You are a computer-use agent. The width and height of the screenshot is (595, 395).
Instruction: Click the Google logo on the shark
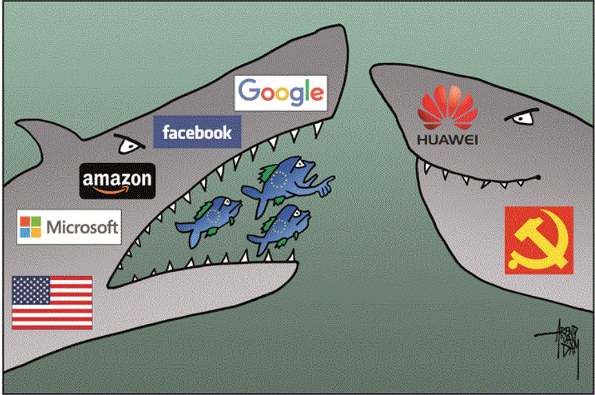tap(280, 93)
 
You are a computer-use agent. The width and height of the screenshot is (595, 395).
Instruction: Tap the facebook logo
tap(197, 131)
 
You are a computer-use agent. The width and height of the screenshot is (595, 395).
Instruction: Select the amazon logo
tap(116, 180)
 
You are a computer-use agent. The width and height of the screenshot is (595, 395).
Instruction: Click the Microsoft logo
tap(69, 226)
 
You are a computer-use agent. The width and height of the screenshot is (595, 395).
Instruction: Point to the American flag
tap(52, 302)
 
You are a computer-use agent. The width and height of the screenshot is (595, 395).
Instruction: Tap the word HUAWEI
tap(447, 142)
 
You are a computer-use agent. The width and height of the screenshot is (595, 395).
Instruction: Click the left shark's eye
tap(129, 145)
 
